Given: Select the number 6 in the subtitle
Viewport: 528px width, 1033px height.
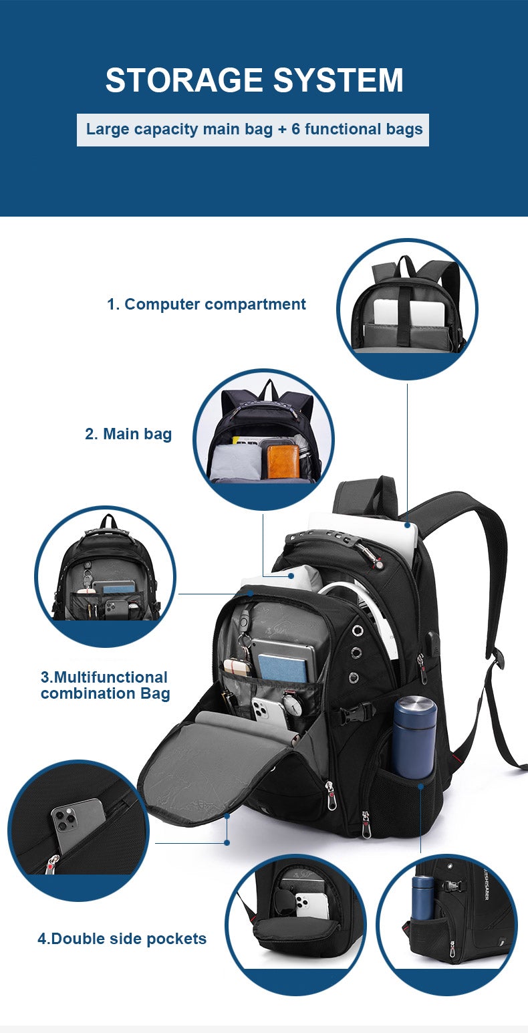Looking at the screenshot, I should (x=295, y=128).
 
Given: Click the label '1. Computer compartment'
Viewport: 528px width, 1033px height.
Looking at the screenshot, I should (x=207, y=304).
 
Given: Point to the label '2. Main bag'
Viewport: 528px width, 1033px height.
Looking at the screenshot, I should (x=128, y=434).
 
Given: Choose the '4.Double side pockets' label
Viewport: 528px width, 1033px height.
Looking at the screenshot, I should (x=122, y=939).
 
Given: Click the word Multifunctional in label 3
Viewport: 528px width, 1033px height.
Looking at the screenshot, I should (x=104, y=677).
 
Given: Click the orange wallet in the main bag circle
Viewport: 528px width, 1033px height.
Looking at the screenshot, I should (x=283, y=461).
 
